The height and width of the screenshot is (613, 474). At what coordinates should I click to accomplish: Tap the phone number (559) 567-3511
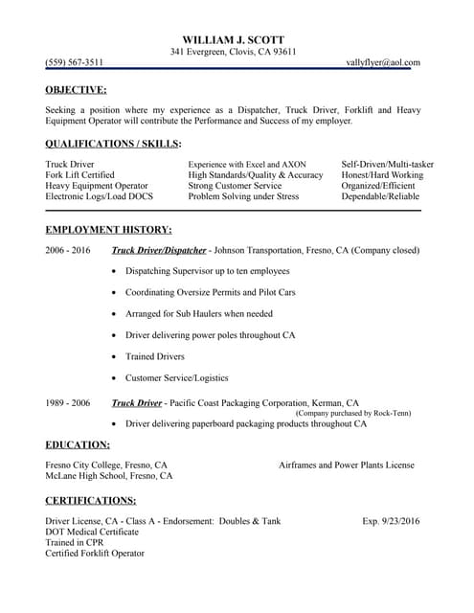[x=75, y=61]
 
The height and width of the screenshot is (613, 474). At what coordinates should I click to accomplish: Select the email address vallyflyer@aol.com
[x=383, y=61]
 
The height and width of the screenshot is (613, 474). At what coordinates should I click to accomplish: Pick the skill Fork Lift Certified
[x=79, y=175]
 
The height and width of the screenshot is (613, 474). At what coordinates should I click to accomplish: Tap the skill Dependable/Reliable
[x=380, y=196]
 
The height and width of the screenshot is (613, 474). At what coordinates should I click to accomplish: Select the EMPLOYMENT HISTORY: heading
[x=108, y=230]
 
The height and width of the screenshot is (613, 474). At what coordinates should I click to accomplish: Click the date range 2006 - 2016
[x=67, y=251]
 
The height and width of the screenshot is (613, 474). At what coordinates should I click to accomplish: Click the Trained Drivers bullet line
[x=154, y=356]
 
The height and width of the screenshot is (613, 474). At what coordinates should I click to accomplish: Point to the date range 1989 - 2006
[x=67, y=403]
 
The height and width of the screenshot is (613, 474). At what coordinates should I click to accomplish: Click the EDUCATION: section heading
[x=77, y=444]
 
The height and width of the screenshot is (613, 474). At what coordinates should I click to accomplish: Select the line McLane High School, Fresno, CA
[x=109, y=476]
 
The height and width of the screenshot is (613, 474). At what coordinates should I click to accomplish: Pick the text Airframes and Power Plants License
[x=347, y=465]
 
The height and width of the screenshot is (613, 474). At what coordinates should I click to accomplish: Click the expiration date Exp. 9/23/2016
[x=391, y=521]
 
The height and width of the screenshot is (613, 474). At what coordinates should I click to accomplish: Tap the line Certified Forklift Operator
[x=95, y=554]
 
